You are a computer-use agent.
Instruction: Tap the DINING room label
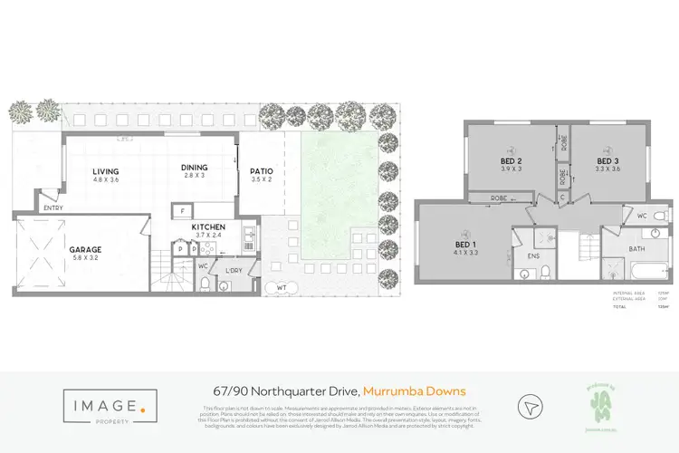point(194,168)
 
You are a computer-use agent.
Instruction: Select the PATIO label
point(262,171)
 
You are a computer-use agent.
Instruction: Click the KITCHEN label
point(208,226)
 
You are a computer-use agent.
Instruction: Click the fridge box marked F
point(183,211)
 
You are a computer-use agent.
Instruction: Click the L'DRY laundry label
point(232,271)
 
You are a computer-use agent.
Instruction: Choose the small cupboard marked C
point(562,196)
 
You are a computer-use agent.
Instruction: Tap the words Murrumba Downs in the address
point(414,391)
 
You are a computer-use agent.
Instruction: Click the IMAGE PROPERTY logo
point(102,405)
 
